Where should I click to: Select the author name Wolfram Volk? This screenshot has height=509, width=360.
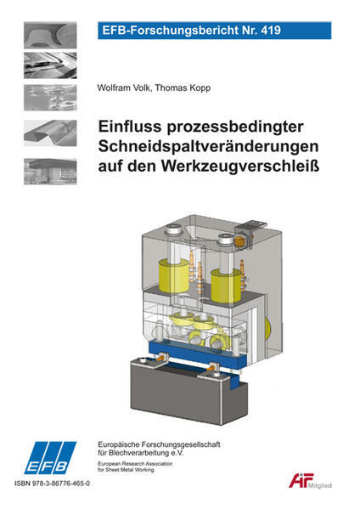(124, 88)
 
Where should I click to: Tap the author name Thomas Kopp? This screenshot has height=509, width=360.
(183, 88)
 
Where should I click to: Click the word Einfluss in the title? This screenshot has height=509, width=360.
(130, 126)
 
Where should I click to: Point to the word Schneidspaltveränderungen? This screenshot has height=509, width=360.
(208, 146)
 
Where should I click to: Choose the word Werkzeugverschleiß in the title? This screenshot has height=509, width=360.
(240, 166)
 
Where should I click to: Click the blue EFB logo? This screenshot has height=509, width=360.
(49, 458)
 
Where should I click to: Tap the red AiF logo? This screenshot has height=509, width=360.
(301, 480)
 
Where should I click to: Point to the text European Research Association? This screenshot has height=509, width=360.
(135, 464)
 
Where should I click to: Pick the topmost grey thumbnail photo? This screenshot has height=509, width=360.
(50, 35)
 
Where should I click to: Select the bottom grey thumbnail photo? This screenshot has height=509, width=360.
(50, 172)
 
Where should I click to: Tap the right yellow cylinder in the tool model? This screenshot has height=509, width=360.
(227, 286)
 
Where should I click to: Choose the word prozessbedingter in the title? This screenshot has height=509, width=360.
(235, 127)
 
